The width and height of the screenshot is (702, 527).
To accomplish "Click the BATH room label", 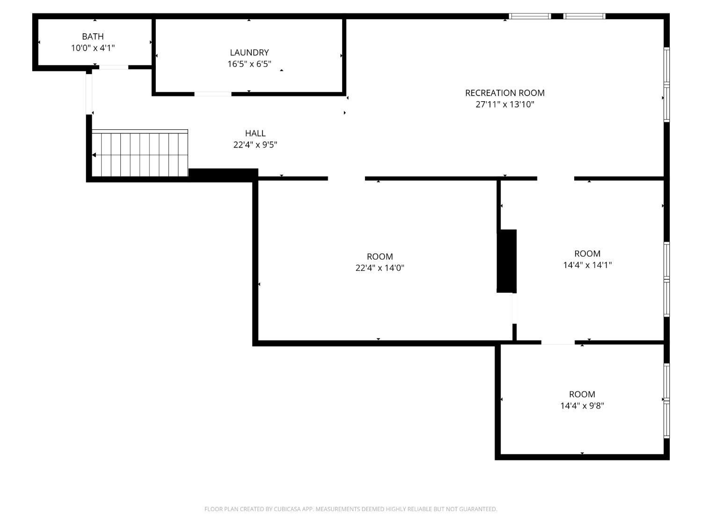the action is tap(93, 37).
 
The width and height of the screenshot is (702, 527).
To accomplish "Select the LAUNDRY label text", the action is tap(249, 52).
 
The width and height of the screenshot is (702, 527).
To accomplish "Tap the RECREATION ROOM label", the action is tap(505, 93).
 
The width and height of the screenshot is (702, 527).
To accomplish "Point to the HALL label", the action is tap(255, 133).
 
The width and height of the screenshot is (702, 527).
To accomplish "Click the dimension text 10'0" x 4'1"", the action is tap(93, 48).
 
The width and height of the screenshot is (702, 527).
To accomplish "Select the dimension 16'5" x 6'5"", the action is tap(249, 64).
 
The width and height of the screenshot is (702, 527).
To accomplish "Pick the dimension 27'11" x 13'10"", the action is tap(505, 104).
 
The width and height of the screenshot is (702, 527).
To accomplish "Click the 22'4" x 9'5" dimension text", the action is tap(255, 145).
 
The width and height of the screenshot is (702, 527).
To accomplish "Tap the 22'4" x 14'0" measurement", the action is tap(380, 267).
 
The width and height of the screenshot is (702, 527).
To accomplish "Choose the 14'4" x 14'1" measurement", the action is tap(587, 265).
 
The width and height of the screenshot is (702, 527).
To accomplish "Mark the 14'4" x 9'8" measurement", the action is tap(582, 406).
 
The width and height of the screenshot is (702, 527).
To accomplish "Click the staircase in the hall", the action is tap(140, 153).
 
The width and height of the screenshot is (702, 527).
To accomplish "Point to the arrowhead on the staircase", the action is tap(94, 155).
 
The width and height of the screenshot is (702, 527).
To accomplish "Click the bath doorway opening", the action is tap(114, 67).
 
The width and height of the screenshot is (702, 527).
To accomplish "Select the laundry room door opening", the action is tap(212, 94).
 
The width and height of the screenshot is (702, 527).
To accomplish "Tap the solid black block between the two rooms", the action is tap(506, 261).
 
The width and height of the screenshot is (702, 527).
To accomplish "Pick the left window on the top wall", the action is tap(530, 16).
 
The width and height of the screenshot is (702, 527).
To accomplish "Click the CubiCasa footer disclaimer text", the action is tap(351, 509).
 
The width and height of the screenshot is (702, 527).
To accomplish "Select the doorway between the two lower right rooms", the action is tap(558, 342).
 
